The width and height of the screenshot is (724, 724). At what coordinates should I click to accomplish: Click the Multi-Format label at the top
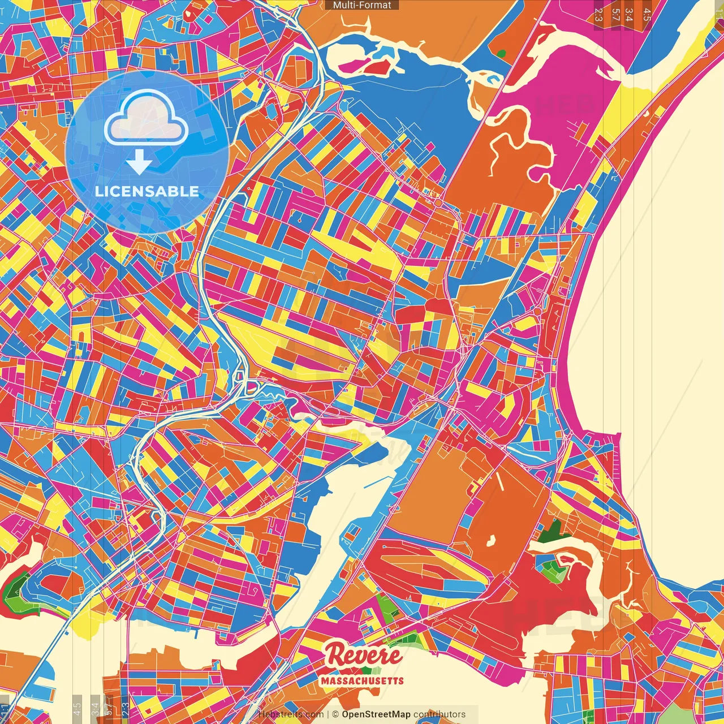pyautogui.click(x=362, y=5)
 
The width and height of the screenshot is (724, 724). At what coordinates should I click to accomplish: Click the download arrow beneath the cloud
pyautogui.click(x=139, y=162)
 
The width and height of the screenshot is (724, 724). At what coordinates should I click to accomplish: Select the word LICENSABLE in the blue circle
pyautogui.click(x=147, y=191)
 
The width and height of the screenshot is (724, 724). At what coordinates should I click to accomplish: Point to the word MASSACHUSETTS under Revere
pyautogui.click(x=362, y=680)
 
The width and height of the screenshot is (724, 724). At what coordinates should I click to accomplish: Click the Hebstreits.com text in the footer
pyautogui.click(x=291, y=714)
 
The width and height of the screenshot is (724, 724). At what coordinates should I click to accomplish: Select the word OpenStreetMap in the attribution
pyautogui.click(x=376, y=714)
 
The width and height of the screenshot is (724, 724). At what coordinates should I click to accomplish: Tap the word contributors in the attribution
pyautogui.click(x=439, y=714)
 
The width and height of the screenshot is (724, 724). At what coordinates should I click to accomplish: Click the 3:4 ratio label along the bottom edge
pyautogui.click(x=94, y=708)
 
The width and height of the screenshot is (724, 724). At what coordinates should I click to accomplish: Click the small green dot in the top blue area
pyautogui.click(x=501, y=54)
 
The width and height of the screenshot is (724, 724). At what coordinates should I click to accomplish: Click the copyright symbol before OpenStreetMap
pyautogui.click(x=335, y=714)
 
